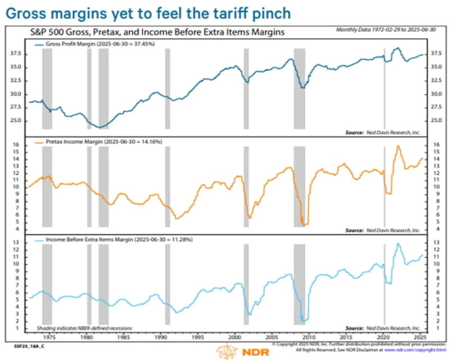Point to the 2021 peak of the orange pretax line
[x=398, y=147]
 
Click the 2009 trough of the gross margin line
[x=302, y=88]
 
